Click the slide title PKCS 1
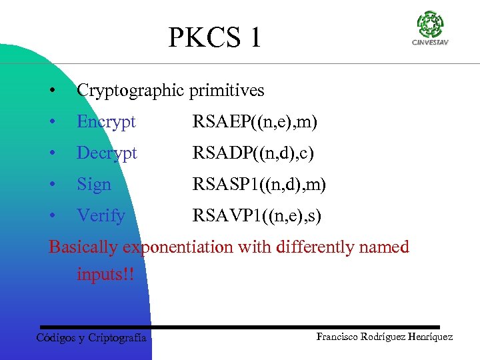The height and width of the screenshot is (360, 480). [215, 38]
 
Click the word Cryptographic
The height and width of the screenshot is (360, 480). [131, 90]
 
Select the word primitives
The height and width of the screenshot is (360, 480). [227, 90]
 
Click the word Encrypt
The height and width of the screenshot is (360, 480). [106, 122]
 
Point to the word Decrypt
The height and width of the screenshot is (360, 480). [107, 153]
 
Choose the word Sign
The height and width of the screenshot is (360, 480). [94, 185]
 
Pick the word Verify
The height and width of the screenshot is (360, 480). [101, 216]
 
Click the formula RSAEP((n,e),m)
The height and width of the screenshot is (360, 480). [255, 122]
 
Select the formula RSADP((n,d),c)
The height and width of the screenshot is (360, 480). [253, 153]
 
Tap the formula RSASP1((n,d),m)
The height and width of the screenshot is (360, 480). [259, 185]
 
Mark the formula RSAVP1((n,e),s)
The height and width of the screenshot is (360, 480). [257, 216]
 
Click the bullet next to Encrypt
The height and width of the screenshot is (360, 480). [52, 123]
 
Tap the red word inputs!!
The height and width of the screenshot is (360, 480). [105, 274]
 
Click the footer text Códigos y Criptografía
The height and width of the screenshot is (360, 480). [91, 338]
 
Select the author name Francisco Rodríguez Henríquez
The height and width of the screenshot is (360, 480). [385, 337]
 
